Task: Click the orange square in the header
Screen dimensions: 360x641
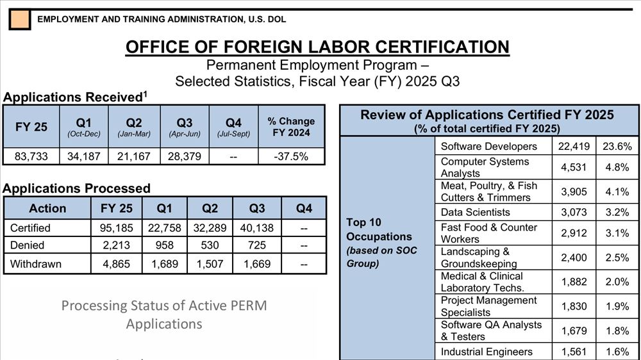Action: [19, 19]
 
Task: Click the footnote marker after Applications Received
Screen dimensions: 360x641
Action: [145, 94]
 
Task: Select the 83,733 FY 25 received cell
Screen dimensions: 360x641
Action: [31, 156]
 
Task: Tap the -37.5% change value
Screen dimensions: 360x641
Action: [291, 156]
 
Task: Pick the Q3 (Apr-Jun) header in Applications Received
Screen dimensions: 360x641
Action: [185, 126]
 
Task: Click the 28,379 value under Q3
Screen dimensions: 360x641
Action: [185, 156]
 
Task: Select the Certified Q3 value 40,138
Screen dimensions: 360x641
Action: [257, 227]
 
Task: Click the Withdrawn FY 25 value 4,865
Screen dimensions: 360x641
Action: [117, 263]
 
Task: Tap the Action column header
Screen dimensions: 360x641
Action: [47, 208]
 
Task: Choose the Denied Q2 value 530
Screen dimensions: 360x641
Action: [210, 245]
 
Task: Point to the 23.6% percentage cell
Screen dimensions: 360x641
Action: [617, 147]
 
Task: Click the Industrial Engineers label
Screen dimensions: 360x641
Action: [487, 352]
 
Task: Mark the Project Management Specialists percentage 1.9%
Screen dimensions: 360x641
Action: [617, 306]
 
